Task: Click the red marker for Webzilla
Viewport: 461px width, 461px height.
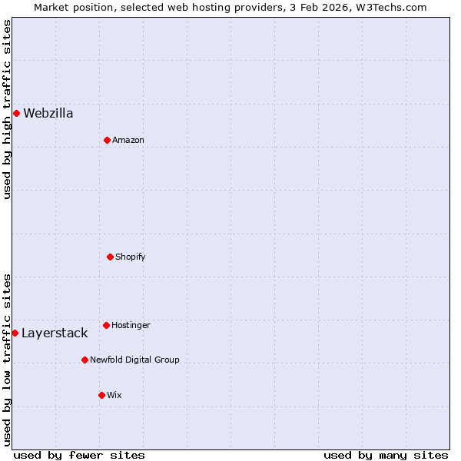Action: (16, 114)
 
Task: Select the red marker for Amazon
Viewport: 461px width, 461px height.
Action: (107, 140)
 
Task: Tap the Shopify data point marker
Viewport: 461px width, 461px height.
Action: (110, 257)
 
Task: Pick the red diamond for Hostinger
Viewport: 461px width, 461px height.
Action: (106, 325)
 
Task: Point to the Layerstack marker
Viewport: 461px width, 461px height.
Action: (15, 333)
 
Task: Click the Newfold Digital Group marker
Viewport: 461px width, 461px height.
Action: (85, 360)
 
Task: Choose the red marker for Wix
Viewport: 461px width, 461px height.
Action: (101, 395)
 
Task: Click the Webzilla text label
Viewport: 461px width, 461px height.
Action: (48, 114)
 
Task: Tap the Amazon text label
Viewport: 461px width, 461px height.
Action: (128, 140)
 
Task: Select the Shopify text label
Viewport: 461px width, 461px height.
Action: (130, 257)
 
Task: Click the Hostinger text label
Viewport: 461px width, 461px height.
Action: (131, 325)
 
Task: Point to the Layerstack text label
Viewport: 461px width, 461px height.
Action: (54, 333)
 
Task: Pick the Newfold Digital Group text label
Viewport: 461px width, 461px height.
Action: (134, 360)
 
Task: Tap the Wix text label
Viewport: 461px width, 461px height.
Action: (114, 395)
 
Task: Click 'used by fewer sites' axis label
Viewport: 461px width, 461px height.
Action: (79, 455)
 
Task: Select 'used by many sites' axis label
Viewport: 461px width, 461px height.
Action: (386, 455)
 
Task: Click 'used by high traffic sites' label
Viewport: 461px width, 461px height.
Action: (7, 109)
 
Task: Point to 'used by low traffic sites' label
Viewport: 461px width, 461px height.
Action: (7, 360)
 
